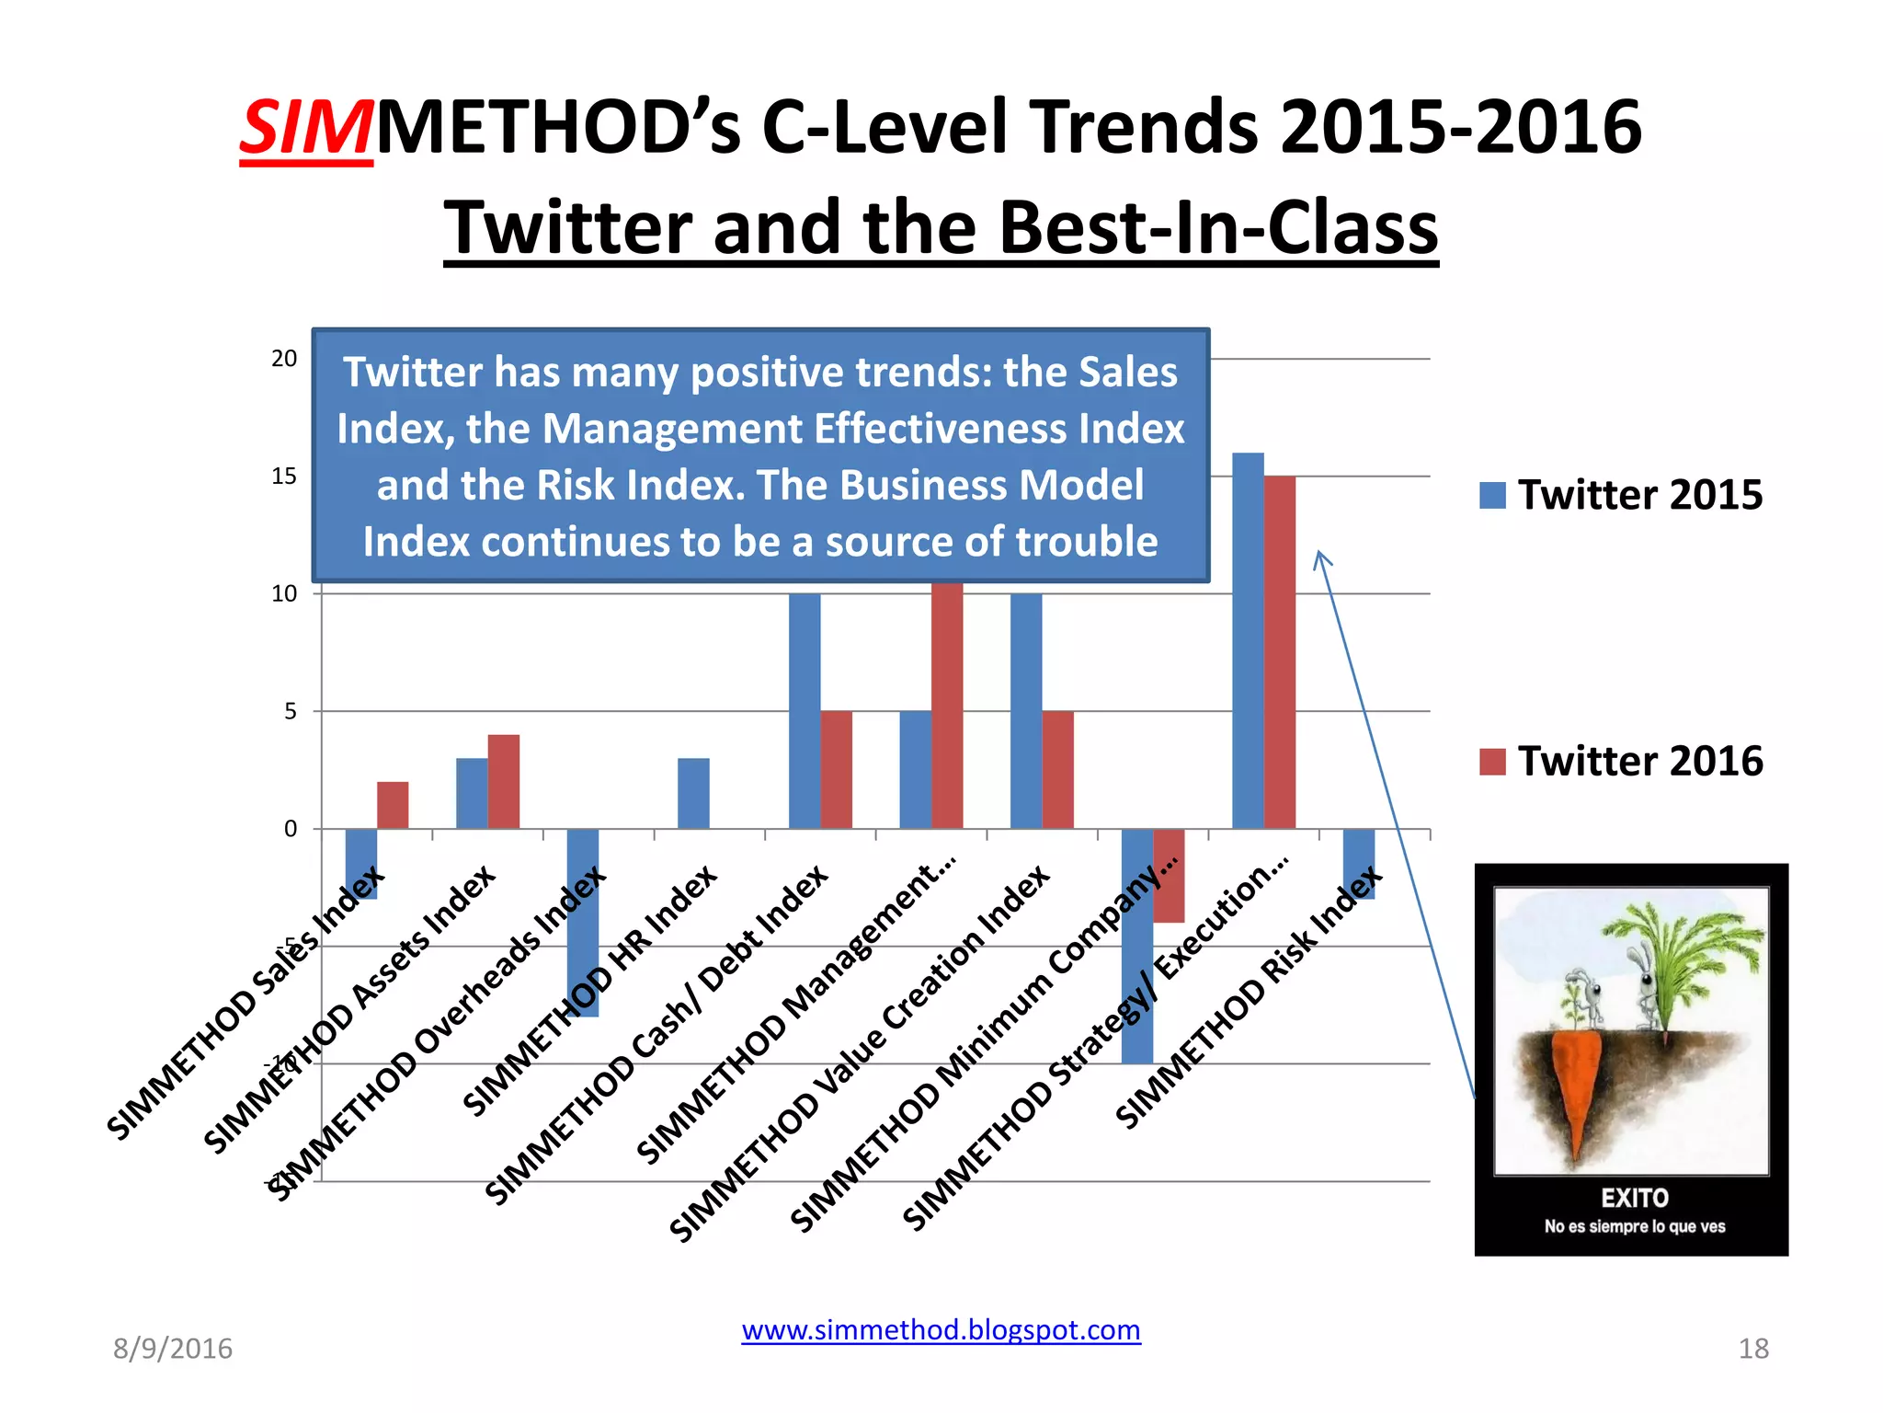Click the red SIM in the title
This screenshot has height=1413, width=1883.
[x=306, y=128]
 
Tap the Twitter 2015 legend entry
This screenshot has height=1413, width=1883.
[x=1621, y=495]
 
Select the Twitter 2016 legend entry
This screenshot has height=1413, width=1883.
[x=1621, y=762]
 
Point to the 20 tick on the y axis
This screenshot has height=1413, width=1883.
[x=284, y=359]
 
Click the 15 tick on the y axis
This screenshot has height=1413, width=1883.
[x=284, y=477]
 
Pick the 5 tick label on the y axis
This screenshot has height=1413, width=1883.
[x=291, y=711]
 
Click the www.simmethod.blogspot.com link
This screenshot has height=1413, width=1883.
[x=941, y=1330]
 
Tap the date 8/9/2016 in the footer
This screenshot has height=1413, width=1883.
[x=173, y=1349]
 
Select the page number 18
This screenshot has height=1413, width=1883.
[x=1753, y=1349]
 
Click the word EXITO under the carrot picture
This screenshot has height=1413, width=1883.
[x=1634, y=1198]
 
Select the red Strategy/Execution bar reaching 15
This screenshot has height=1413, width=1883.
[x=1280, y=652]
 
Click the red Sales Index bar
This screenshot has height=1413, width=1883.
[x=393, y=805]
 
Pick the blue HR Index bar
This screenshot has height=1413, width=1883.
[x=693, y=793]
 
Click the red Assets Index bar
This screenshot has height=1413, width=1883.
[x=504, y=781]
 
